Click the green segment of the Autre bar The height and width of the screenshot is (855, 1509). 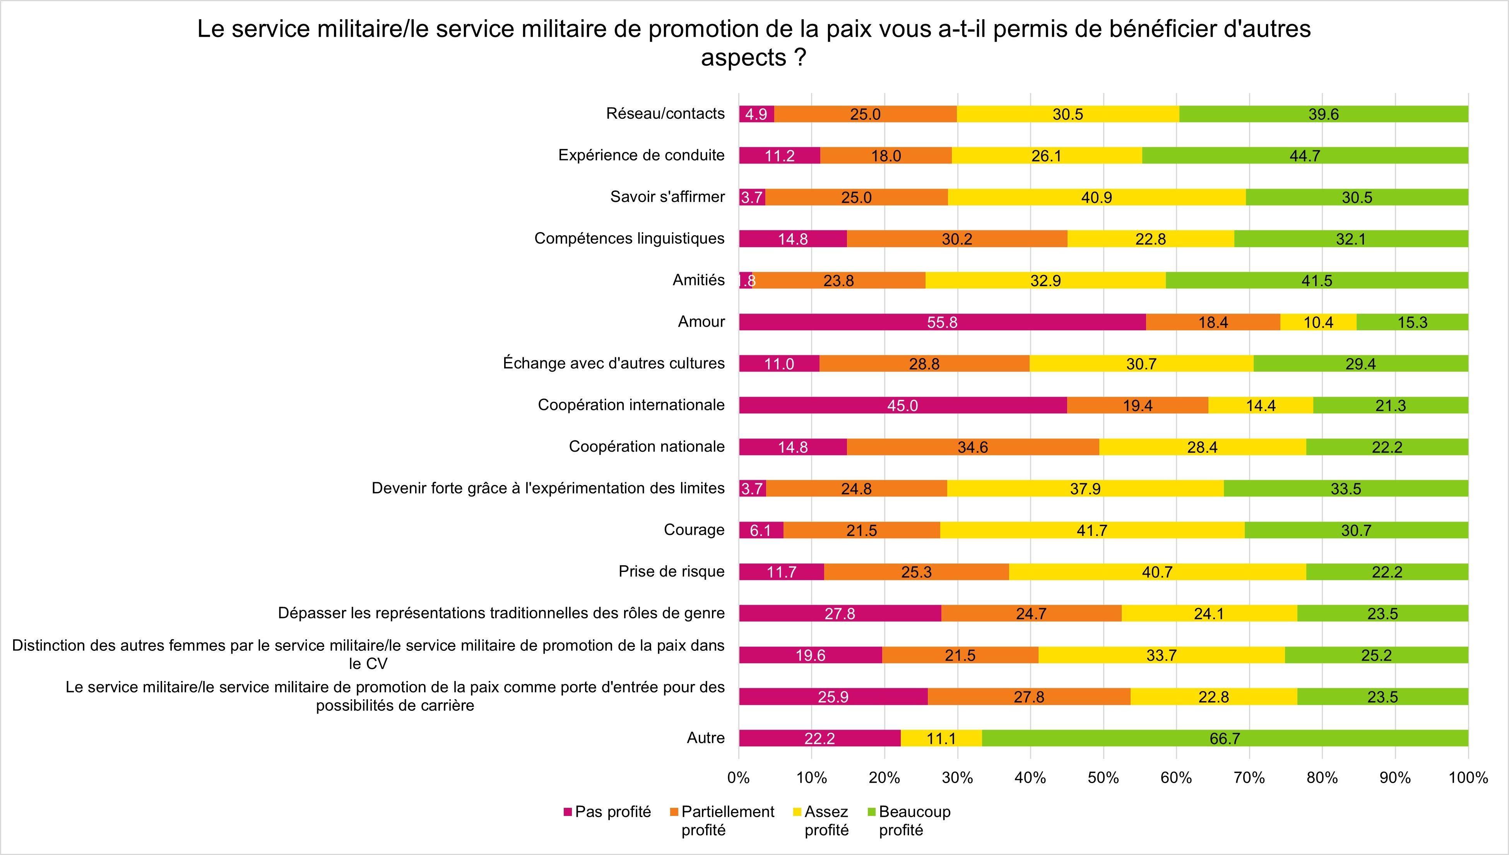[1225, 738]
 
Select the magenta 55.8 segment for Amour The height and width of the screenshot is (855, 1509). [942, 322]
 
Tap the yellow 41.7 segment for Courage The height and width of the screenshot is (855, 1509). [1092, 530]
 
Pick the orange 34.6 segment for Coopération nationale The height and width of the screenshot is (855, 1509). [973, 447]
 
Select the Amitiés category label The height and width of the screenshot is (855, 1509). [698, 280]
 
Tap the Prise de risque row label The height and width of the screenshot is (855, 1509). [671, 572]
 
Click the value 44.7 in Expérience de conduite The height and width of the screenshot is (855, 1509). [1305, 155]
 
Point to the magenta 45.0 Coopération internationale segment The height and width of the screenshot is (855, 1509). [902, 405]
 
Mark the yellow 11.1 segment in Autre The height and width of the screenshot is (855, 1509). [941, 738]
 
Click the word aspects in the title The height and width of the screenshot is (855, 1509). [743, 58]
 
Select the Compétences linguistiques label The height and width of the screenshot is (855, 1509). [629, 239]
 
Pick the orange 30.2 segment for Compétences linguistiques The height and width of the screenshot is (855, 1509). [957, 239]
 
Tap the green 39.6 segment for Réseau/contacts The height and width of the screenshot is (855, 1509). [1323, 114]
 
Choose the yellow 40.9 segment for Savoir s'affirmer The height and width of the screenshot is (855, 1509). [1097, 197]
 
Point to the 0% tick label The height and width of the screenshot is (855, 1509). [738, 778]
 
